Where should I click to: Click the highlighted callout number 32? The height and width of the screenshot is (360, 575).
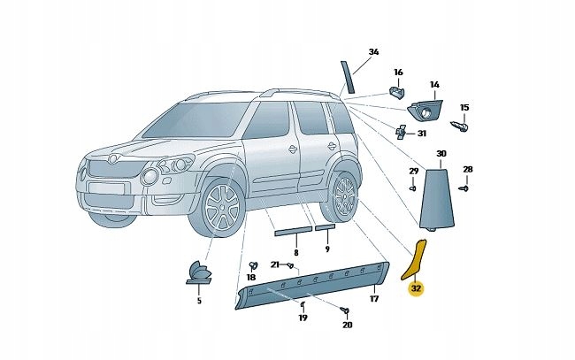[x=415, y=287]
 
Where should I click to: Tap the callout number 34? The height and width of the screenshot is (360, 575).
[x=373, y=52]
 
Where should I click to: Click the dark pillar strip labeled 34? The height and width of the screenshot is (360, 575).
[x=347, y=77]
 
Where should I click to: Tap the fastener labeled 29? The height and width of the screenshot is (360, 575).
[x=413, y=188]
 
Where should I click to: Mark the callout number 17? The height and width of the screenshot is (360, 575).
[x=373, y=299]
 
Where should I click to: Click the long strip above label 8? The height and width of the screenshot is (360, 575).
[x=292, y=231]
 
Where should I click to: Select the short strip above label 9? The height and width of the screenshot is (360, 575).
[x=326, y=227]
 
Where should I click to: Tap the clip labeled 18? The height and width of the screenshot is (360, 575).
[x=253, y=264]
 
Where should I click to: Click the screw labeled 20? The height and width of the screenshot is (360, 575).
[x=345, y=310]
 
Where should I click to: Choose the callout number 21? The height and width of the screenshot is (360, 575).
[x=275, y=264]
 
